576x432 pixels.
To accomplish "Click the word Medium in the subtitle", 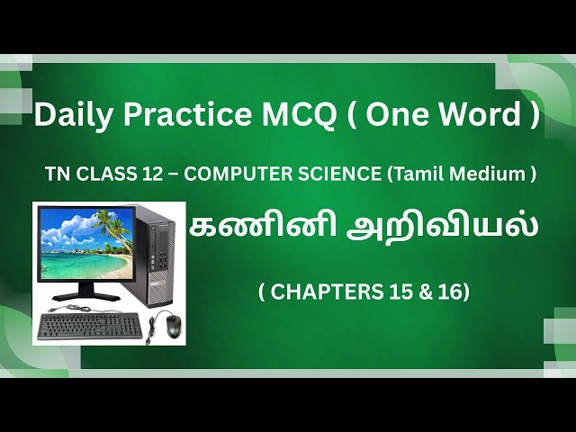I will point(484,175).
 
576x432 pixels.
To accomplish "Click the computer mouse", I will point(174,326).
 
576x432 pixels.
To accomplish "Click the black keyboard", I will point(90,326).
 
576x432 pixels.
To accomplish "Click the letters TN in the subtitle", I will point(55,175).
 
